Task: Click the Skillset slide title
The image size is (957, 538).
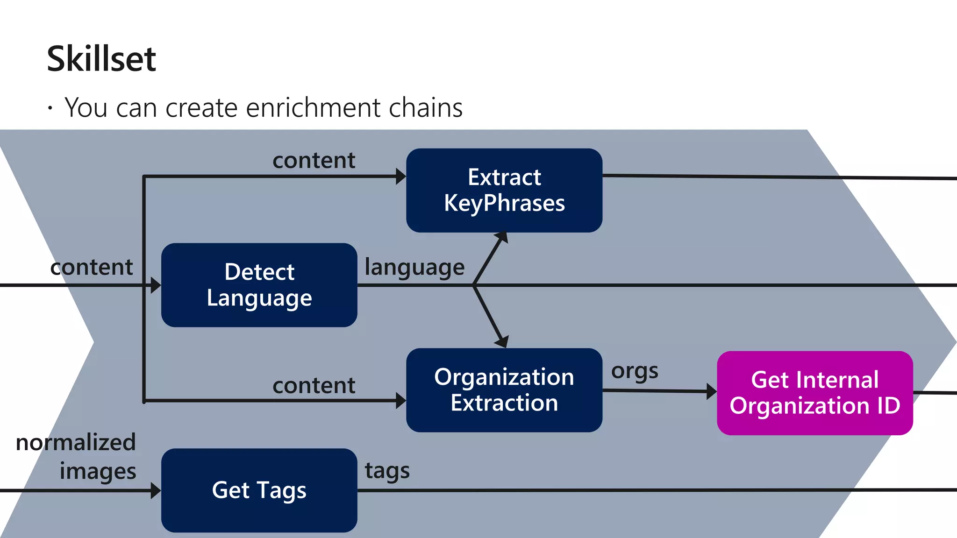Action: coord(101,59)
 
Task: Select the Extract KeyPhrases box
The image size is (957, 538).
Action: coord(504,190)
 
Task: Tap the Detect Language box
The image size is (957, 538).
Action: coord(259,285)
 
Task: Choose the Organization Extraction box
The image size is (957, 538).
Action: coord(504,390)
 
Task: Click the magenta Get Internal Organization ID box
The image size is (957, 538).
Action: coord(814,393)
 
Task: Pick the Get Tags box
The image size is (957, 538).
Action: coord(259,490)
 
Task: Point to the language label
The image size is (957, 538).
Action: coord(414,268)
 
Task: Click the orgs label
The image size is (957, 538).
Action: coord(634,372)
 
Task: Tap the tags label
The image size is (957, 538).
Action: coord(387,471)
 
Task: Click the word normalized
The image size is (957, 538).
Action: coord(76,442)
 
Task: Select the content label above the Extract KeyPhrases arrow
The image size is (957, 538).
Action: coord(314,161)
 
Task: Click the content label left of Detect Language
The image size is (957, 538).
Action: coord(92,267)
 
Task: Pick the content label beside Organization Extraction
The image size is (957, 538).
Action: coord(314,386)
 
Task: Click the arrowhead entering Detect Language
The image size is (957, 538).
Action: coord(156,285)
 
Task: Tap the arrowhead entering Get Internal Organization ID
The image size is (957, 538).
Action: coord(711,391)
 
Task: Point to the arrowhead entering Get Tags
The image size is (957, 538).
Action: coord(156,490)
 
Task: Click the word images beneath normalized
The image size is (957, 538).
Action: coord(98,471)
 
